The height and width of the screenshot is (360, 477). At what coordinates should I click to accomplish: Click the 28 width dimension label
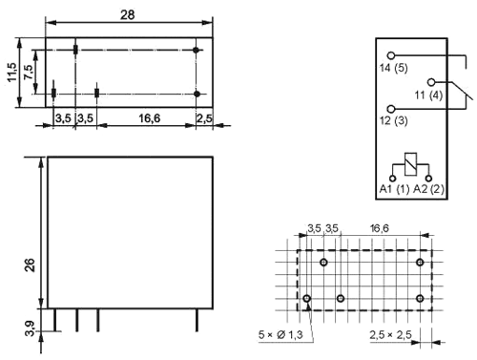tap(128, 14)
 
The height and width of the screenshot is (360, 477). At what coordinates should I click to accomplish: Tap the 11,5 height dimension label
tap(12, 73)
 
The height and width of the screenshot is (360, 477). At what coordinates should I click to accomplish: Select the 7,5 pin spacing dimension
tap(28, 73)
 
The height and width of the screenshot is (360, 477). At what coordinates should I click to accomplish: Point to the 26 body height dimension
tap(30, 265)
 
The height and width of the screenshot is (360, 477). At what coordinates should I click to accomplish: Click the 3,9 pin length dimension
tap(30, 328)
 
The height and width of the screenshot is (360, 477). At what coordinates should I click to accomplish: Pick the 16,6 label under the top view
tap(149, 118)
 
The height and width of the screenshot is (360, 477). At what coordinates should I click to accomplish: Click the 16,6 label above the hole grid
tap(379, 228)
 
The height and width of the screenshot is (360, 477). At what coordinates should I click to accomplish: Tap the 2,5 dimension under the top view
tap(204, 118)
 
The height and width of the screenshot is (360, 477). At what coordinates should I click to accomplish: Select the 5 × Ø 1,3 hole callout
tap(280, 334)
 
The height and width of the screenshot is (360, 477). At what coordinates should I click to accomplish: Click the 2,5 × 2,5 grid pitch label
tap(390, 334)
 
